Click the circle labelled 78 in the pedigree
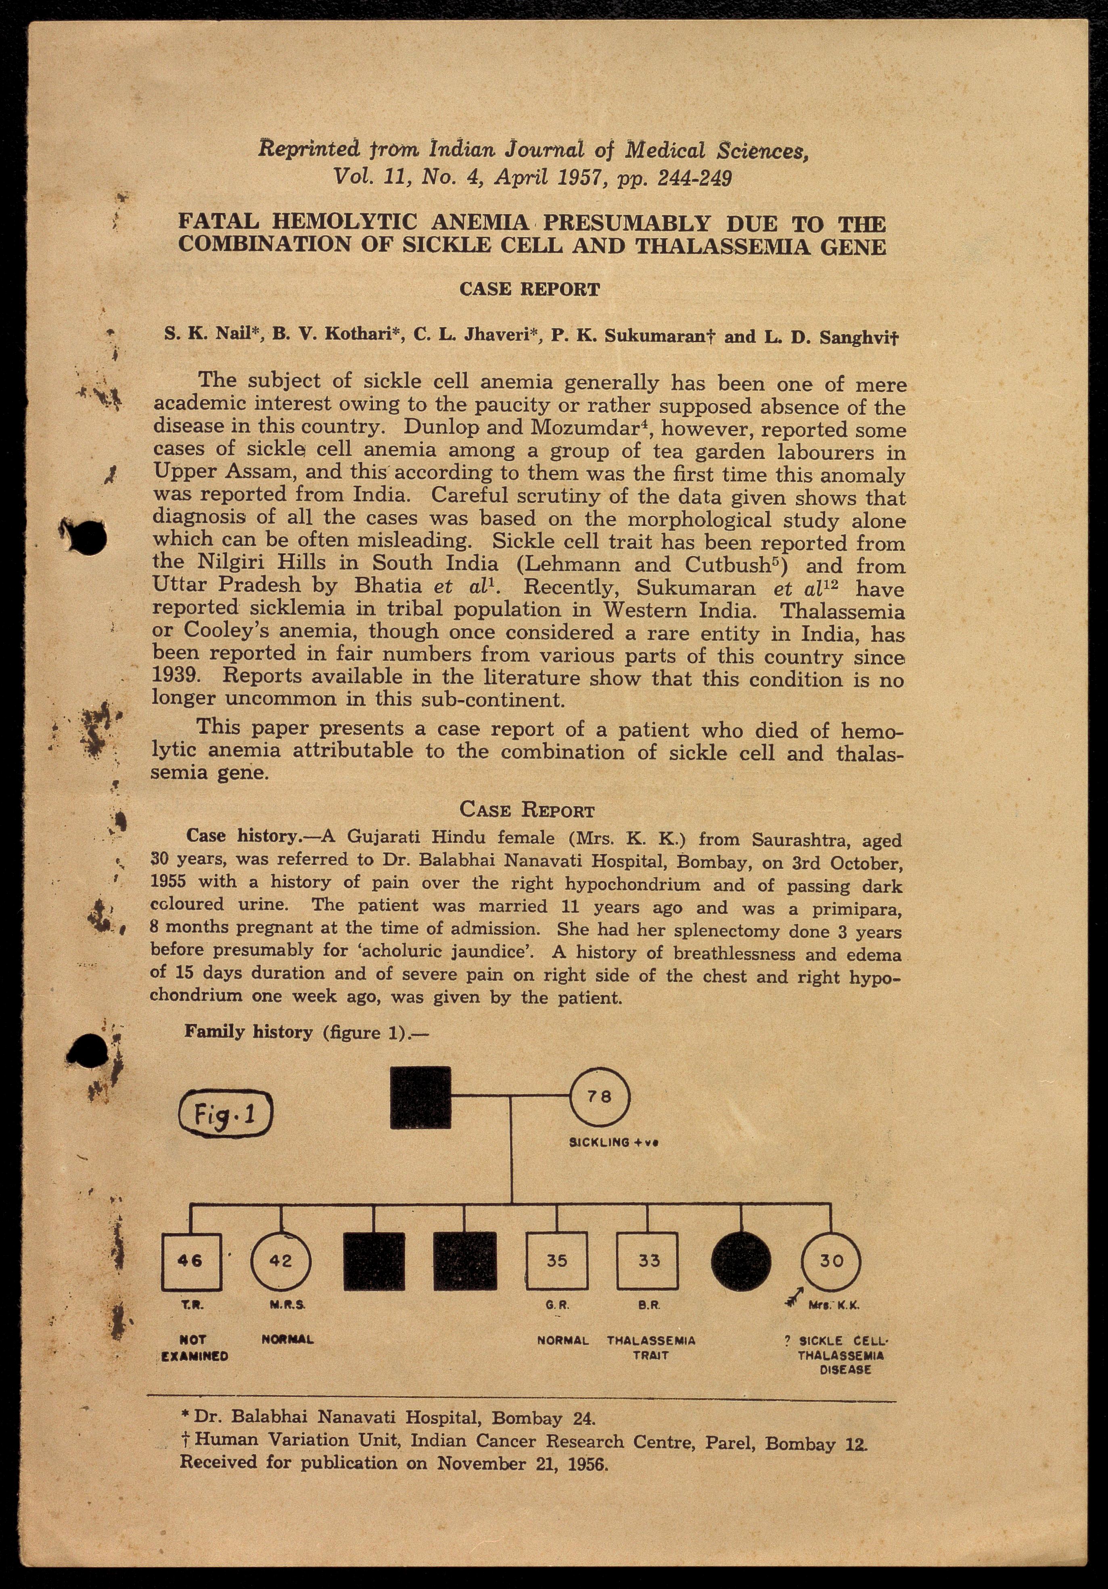pos(600,1098)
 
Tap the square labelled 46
pos(191,1261)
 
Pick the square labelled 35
pos(557,1261)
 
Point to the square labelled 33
pos(648,1261)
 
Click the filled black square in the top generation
pos(421,1098)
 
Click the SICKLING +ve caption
pos(613,1143)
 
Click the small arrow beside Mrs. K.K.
pos(794,1300)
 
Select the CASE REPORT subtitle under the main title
pos(530,289)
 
